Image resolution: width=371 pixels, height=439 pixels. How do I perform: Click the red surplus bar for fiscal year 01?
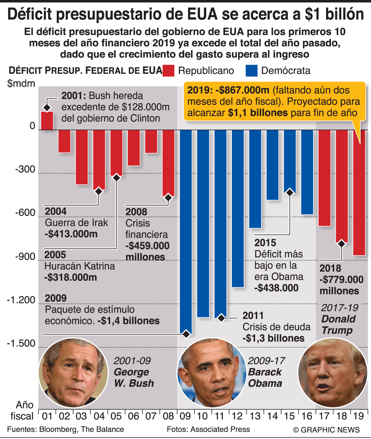(x=47, y=121)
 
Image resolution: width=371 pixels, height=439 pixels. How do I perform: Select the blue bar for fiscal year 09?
(x=186, y=229)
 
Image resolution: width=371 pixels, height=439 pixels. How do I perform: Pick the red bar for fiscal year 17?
(x=324, y=177)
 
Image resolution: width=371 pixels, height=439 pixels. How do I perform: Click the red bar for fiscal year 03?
(x=82, y=157)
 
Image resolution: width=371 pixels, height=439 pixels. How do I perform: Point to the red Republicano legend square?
(x=168, y=71)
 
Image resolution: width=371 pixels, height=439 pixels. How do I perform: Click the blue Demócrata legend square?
(x=251, y=71)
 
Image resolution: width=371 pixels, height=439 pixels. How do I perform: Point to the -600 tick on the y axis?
(x=25, y=213)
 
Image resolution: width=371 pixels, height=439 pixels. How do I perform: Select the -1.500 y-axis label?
(x=21, y=343)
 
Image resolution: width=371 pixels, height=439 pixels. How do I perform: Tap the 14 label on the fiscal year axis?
(x=272, y=416)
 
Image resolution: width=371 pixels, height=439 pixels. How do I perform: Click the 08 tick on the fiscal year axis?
(x=168, y=416)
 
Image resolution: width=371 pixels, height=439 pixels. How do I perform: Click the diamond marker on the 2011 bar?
(x=221, y=318)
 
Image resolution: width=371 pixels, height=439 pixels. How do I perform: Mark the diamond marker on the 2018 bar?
(x=342, y=244)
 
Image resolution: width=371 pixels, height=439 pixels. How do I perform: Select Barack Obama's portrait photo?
(x=212, y=373)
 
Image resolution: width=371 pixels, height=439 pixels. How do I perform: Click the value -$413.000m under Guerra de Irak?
(x=71, y=234)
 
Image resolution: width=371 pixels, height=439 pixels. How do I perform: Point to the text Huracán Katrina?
(x=80, y=266)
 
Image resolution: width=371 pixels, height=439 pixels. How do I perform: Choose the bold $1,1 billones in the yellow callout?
(x=258, y=113)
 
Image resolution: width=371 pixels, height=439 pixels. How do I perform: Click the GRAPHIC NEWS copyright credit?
(x=326, y=430)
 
